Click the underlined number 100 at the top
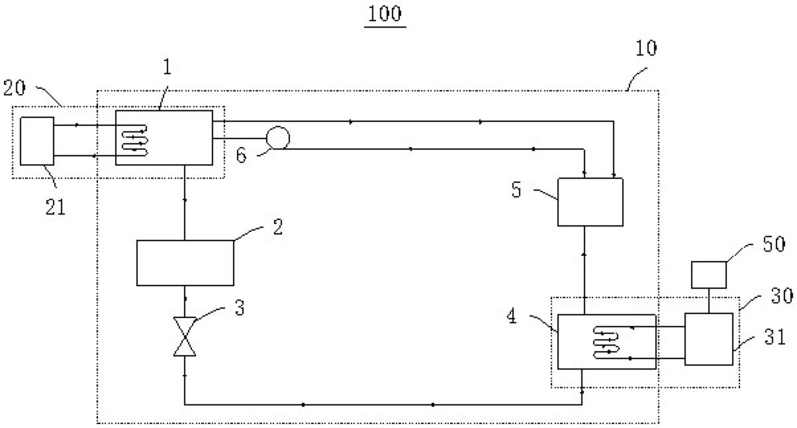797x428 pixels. click(x=385, y=14)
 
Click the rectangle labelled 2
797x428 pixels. click(x=185, y=263)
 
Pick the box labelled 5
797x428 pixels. click(x=590, y=202)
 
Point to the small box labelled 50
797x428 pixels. click(x=709, y=275)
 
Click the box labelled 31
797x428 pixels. click(x=709, y=339)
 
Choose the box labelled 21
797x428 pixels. click(x=36, y=140)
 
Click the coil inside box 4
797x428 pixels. click(x=608, y=342)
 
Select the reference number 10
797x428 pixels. click(x=645, y=48)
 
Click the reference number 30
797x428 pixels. click(x=776, y=295)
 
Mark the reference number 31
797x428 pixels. click(x=772, y=337)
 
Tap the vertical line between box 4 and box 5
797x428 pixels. click(x=585, y=270)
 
